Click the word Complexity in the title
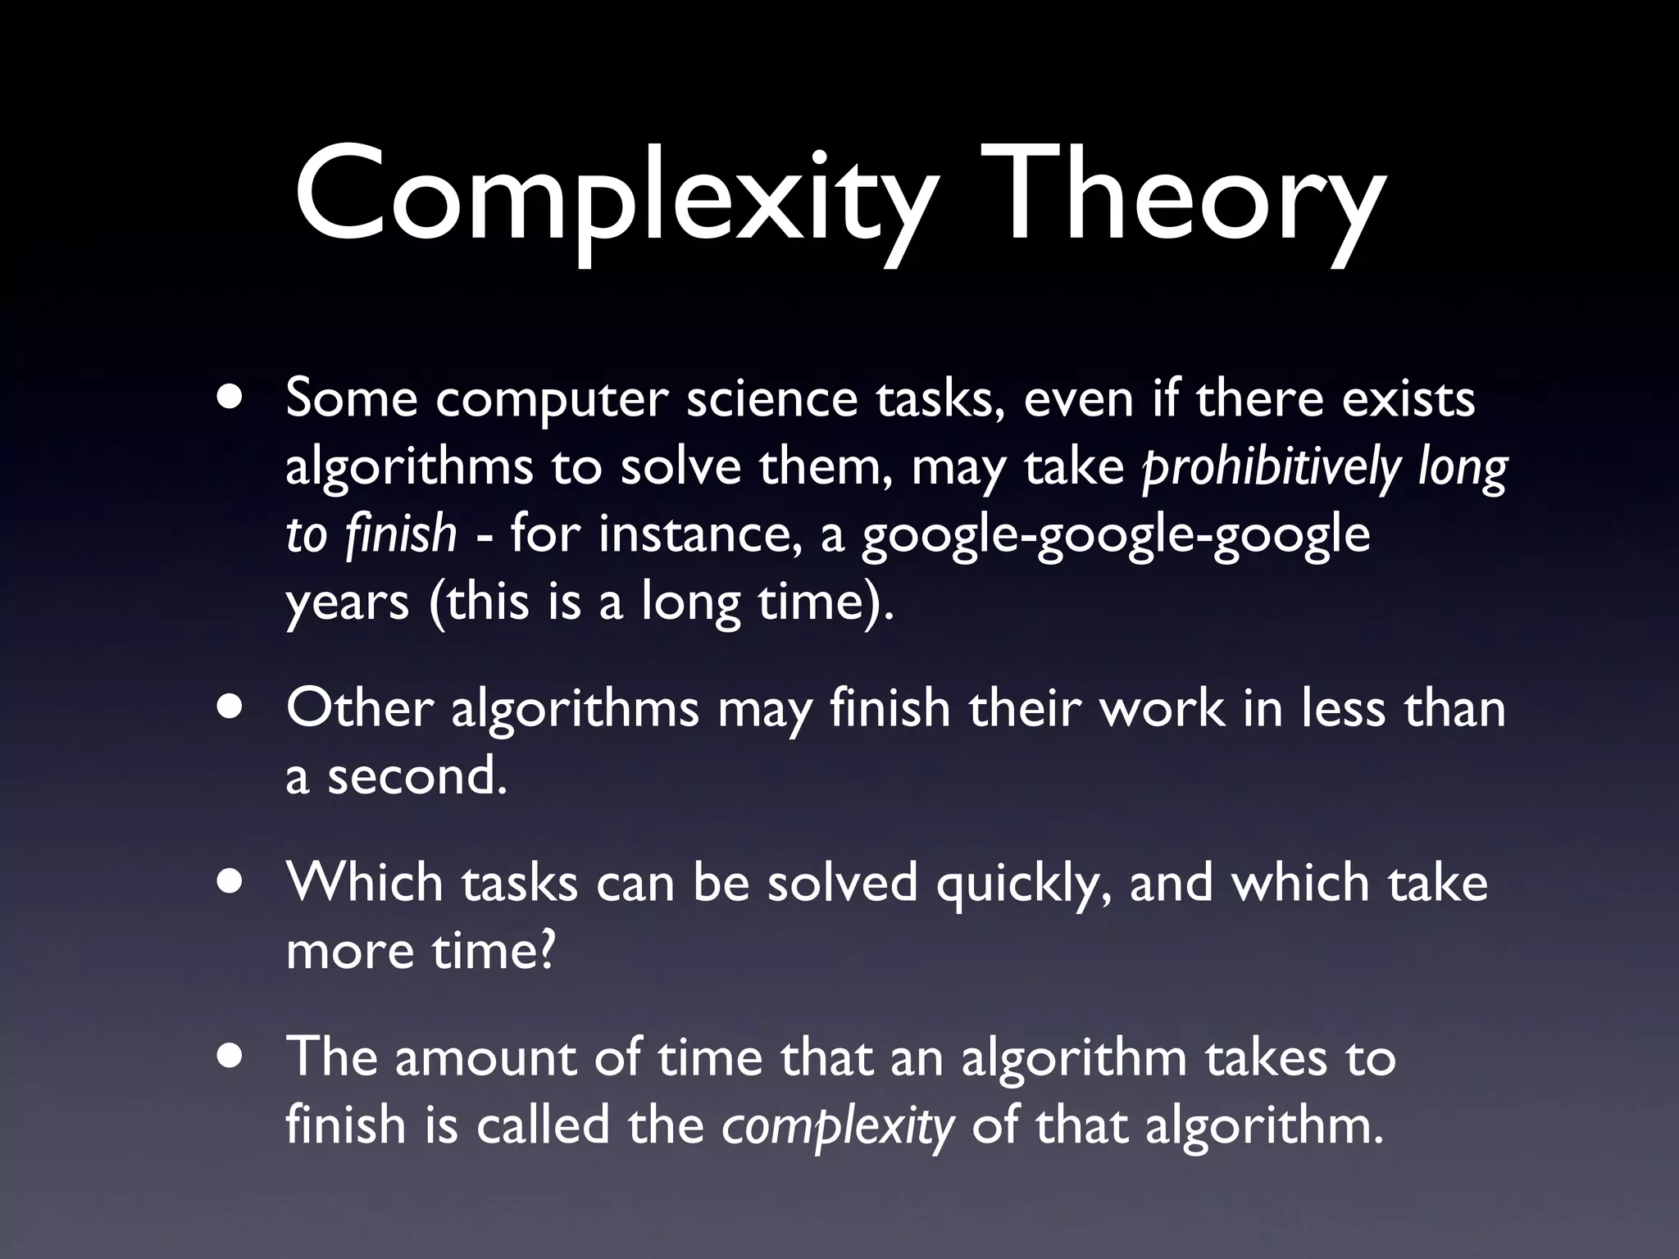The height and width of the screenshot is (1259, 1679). [x=615, y=201]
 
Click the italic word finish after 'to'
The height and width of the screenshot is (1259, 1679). [x=401, y=534]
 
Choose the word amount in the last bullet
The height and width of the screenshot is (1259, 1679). [x=485, y=1057]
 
